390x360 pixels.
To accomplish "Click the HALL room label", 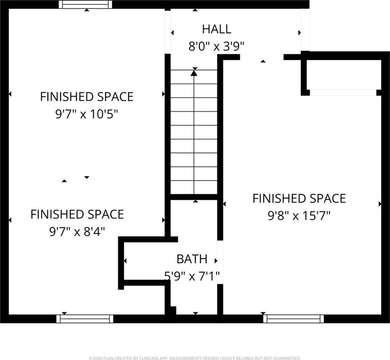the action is [x=217, y=29].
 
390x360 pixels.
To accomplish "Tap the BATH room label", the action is [x=192, y=259].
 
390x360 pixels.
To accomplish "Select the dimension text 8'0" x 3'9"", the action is [x=216, y=46].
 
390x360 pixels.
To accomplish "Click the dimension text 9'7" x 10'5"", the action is [x=86, y=114].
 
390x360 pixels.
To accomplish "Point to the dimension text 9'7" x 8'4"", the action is [x=77, y=232].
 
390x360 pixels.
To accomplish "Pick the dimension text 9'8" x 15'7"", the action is [x=299, y=216].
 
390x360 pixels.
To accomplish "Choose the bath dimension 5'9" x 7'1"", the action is [x=192, y=276].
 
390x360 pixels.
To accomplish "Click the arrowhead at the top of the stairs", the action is [x=194, y=73].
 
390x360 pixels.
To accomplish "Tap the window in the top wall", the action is [x=85, y=5].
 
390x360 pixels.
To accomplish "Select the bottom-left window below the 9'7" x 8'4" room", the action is [x=85, y=319].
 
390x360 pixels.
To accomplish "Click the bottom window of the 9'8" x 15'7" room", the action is [x=293, y=319].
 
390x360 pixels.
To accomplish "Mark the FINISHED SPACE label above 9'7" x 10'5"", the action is [x=87, y=97].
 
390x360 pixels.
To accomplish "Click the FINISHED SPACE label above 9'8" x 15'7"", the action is [x=299, y=198].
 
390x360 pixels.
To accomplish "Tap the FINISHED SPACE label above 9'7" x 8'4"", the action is [x=77, y=214].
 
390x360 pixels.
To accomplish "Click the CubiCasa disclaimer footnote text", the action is [x=195, y=358].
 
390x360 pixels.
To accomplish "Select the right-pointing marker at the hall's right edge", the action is [x=300, y=32].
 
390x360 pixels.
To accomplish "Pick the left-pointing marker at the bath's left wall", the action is [x=125, y=261].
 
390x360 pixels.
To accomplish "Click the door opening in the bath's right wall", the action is [x=220, y=262].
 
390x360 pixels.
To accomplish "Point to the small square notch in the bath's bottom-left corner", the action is [x=173, y=311].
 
